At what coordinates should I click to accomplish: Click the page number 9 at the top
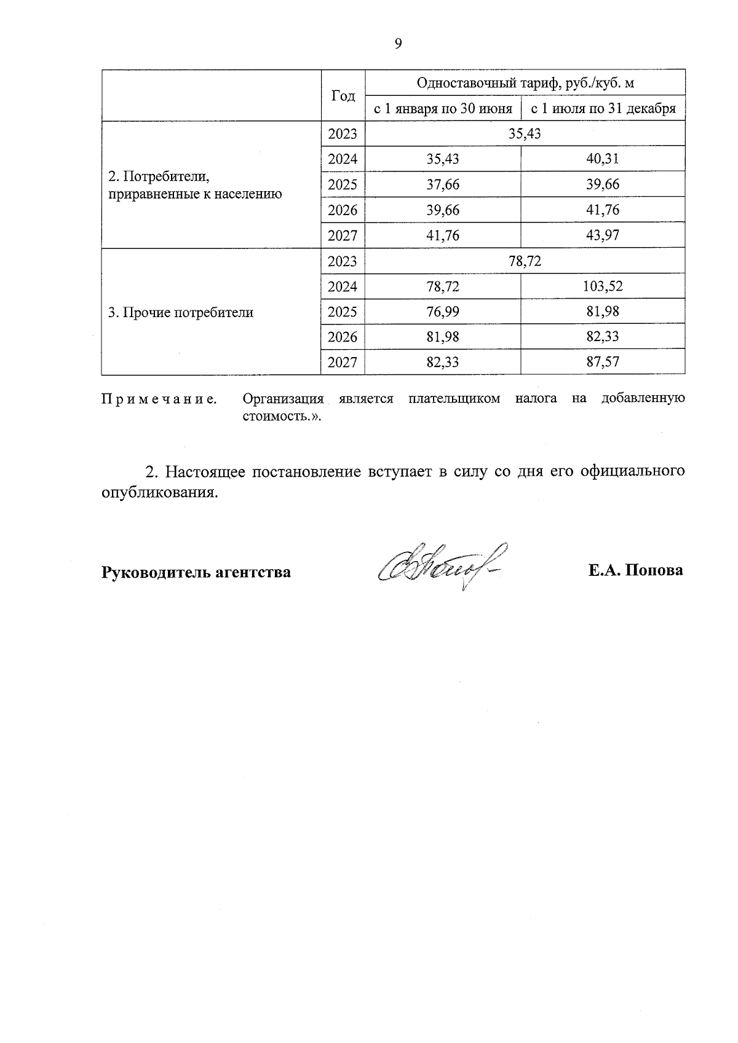tap(398, 43)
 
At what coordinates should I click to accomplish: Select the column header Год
tap(343, 96)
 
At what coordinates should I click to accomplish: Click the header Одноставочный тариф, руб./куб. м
tap(525, 83)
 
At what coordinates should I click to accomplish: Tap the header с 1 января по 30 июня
tap(443, 109)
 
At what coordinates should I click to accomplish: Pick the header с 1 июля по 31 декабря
tap(603, 109)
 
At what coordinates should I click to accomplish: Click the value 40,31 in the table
tap(602, 159)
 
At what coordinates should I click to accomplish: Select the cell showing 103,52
tap(602, 286)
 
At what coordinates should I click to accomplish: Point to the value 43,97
tap(602, 235)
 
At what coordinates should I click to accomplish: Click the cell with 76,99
tap(443, 312)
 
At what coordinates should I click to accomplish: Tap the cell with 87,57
tap(602, 362)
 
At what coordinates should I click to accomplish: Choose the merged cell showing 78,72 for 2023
tap(525, 261)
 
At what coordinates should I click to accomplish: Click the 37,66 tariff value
tap(443, 184)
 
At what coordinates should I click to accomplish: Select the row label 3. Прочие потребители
tap(181, 312)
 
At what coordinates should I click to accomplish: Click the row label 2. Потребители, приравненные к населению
tap(194, 186)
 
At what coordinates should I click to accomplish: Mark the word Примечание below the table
tap(159, 399)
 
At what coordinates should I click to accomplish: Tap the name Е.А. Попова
tap(635, 570)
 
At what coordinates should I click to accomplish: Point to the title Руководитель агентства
tap(196, 572)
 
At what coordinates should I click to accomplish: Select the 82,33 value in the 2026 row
tap(602, 337)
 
